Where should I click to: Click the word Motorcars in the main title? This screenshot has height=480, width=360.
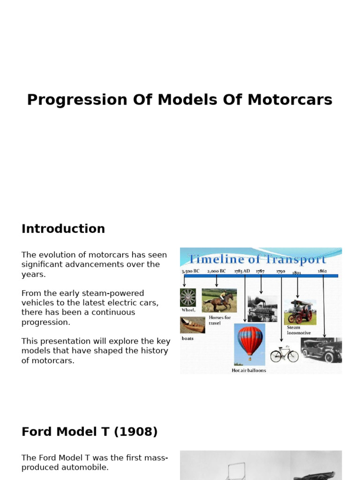(x=290, y=100)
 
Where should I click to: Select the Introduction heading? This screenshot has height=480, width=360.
(x=63, y=229)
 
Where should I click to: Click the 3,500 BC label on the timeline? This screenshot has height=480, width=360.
(x=191, y=271)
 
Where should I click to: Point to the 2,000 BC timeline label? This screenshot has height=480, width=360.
(x=216, y=271)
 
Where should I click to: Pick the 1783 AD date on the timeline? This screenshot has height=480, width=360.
(x=242, y=271)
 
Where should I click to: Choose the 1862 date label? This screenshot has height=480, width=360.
(x=322, y=271)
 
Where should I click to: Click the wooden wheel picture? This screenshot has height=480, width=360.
(x=187, y=298)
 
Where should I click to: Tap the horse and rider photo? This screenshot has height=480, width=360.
(x=219, y=300)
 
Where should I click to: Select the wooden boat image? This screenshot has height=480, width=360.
(x=192, y=325)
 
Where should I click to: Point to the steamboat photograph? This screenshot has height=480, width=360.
(x=262, y=308)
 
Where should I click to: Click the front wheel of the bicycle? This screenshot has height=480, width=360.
(x=276, y=356)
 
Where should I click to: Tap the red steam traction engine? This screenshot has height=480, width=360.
(x=300, y=312)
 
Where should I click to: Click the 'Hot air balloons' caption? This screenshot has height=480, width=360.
(x=249, y=370)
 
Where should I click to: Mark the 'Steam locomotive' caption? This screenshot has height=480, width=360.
(x=299, y=330)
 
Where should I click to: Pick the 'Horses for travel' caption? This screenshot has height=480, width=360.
(x=220, y=320)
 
